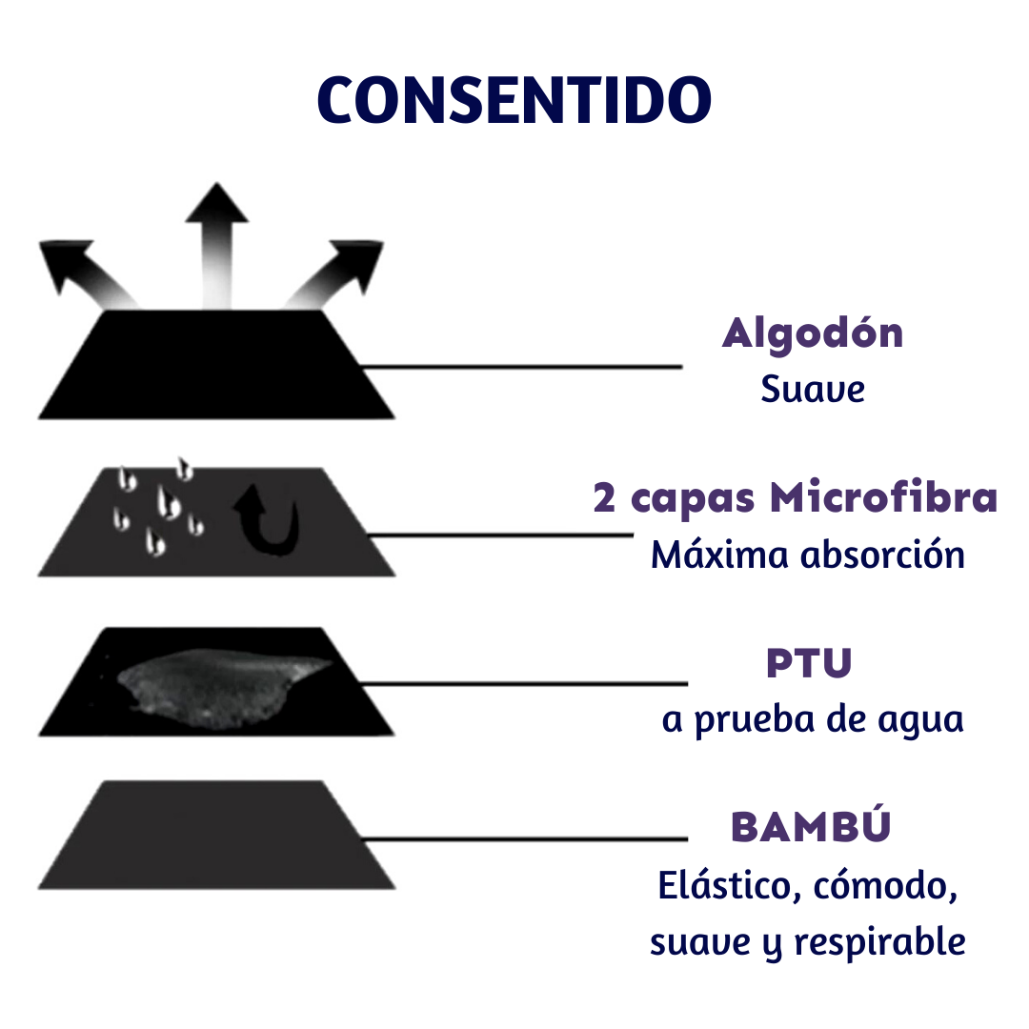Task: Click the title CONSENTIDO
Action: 514,99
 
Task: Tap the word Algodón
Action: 813,333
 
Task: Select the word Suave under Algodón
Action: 813,389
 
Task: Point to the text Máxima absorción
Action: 808,555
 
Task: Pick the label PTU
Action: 808,664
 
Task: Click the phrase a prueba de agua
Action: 813,719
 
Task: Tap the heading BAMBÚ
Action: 811,827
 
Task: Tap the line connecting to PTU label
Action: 524,683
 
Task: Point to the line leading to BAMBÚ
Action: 524,839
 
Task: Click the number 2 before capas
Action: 604,499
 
